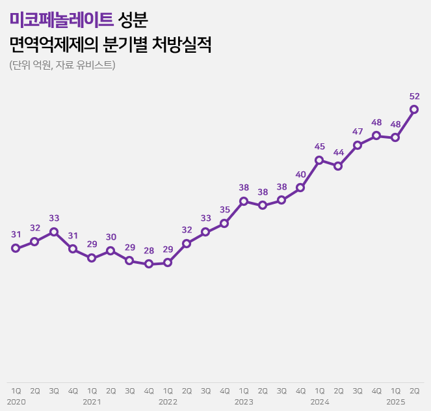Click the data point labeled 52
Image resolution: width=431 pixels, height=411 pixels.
[x=414, y=109]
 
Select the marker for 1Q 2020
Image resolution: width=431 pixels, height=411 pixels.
[x=16, y=248]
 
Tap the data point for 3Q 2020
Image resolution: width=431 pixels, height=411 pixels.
[x=54, y=232]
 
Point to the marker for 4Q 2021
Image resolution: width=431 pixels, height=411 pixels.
[x=149, y=264]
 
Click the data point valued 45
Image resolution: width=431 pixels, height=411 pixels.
[x=319, y=160]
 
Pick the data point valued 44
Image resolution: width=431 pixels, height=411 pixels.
[x=338, y=166]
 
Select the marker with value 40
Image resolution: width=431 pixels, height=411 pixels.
[x=300, y=188]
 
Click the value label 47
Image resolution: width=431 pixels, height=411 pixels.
[x=358, y=132]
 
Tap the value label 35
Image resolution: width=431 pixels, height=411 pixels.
[x=225, y=210]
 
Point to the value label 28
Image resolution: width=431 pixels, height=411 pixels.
[x=149, y=251]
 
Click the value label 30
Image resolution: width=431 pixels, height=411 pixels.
[x=111, y=237]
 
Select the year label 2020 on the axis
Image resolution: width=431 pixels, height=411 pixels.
[x=16, y=402]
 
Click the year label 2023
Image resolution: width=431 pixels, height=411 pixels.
[x=244, y=402]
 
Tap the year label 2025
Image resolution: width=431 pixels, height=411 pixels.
[x=395, y=402]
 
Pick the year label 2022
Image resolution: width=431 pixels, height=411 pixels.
[x=168, y=402]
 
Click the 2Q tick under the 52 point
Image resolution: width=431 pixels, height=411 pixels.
[x=414, y=391]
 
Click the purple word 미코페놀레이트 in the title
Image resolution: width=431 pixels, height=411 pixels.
[x=62, y=20]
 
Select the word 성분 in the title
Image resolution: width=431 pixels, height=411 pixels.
[x=134, y=20]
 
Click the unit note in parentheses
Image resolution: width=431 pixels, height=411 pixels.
[x=62, y=64]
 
